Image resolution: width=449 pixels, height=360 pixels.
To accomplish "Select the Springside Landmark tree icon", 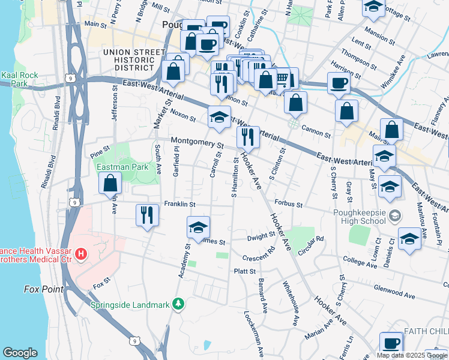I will (178, 304).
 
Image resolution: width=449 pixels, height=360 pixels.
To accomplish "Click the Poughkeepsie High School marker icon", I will (395, 215).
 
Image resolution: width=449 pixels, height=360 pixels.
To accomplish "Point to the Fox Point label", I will (44, 289).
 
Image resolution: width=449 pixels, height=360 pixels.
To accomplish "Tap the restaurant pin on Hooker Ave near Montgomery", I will (248, 137).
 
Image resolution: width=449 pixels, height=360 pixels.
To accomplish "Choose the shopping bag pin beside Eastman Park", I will (110, 184).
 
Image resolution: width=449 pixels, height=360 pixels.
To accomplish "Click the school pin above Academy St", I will (199, 228).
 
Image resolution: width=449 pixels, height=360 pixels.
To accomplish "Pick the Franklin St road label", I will (184, 205).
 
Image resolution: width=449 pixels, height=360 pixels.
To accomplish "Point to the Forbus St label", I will (289, 203).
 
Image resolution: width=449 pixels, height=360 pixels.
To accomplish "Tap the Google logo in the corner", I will (20, 352).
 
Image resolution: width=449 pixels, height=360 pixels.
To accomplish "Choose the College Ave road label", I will (360, 260).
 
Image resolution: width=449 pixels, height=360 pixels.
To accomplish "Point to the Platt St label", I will (246, 271).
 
